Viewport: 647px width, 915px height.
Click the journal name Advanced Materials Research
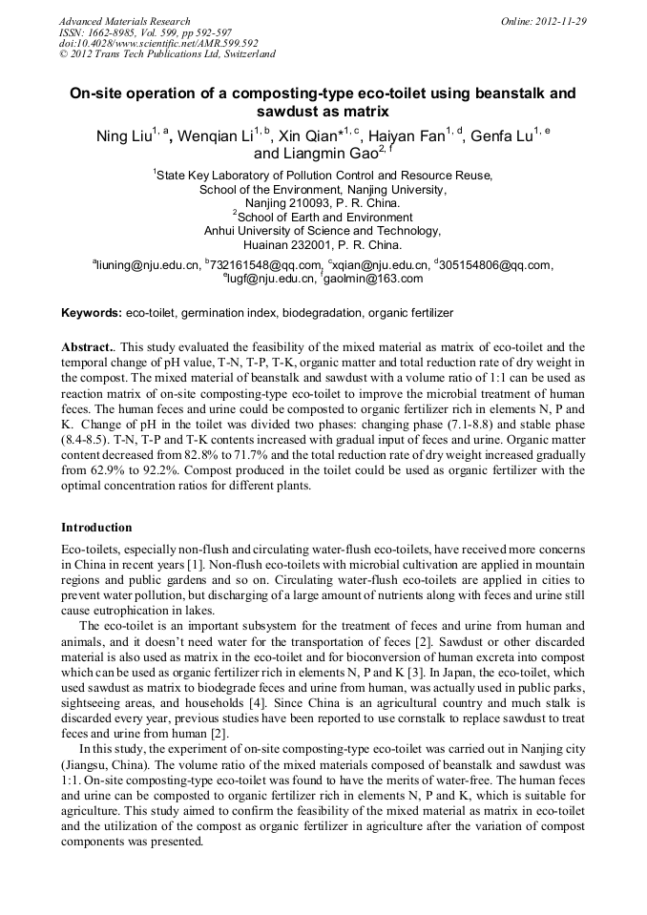(124, 21)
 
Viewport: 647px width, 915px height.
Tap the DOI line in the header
(158, 43)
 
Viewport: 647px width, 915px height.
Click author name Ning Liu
(124, 135)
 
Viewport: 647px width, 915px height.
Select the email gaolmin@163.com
(375, 279)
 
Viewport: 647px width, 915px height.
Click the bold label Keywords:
(92, 313)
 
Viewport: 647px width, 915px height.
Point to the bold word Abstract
(87, 347)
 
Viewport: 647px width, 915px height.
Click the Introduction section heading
(96, 528)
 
